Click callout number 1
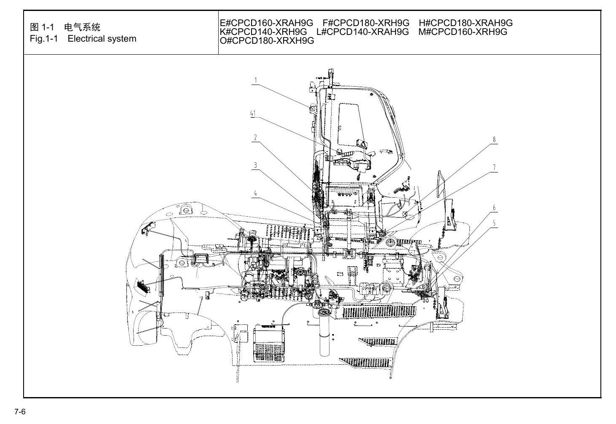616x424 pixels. (256, 80)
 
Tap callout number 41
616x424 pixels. (253, 113)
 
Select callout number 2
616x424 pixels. (255, 137)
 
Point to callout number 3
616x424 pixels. (255, 165)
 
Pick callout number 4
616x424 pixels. (255, 193)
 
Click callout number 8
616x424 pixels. (494, 140)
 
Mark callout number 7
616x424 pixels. (494, 167)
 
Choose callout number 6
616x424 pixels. (494, 208)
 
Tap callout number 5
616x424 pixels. (494, 223)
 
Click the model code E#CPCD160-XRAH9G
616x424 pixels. (266, 23)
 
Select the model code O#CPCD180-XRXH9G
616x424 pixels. (267, 41)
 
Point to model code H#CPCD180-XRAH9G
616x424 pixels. (466, 23)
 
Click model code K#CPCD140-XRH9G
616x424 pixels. (263, 32)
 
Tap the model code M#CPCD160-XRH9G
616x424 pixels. (463, 32)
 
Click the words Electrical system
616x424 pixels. (102, 39)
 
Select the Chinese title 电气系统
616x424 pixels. (82, 27)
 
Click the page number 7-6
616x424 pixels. (20, 412)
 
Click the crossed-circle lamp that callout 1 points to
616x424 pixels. (313, 109)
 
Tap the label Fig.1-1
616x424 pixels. (44, 39)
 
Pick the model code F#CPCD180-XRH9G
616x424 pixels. (366, 23)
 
